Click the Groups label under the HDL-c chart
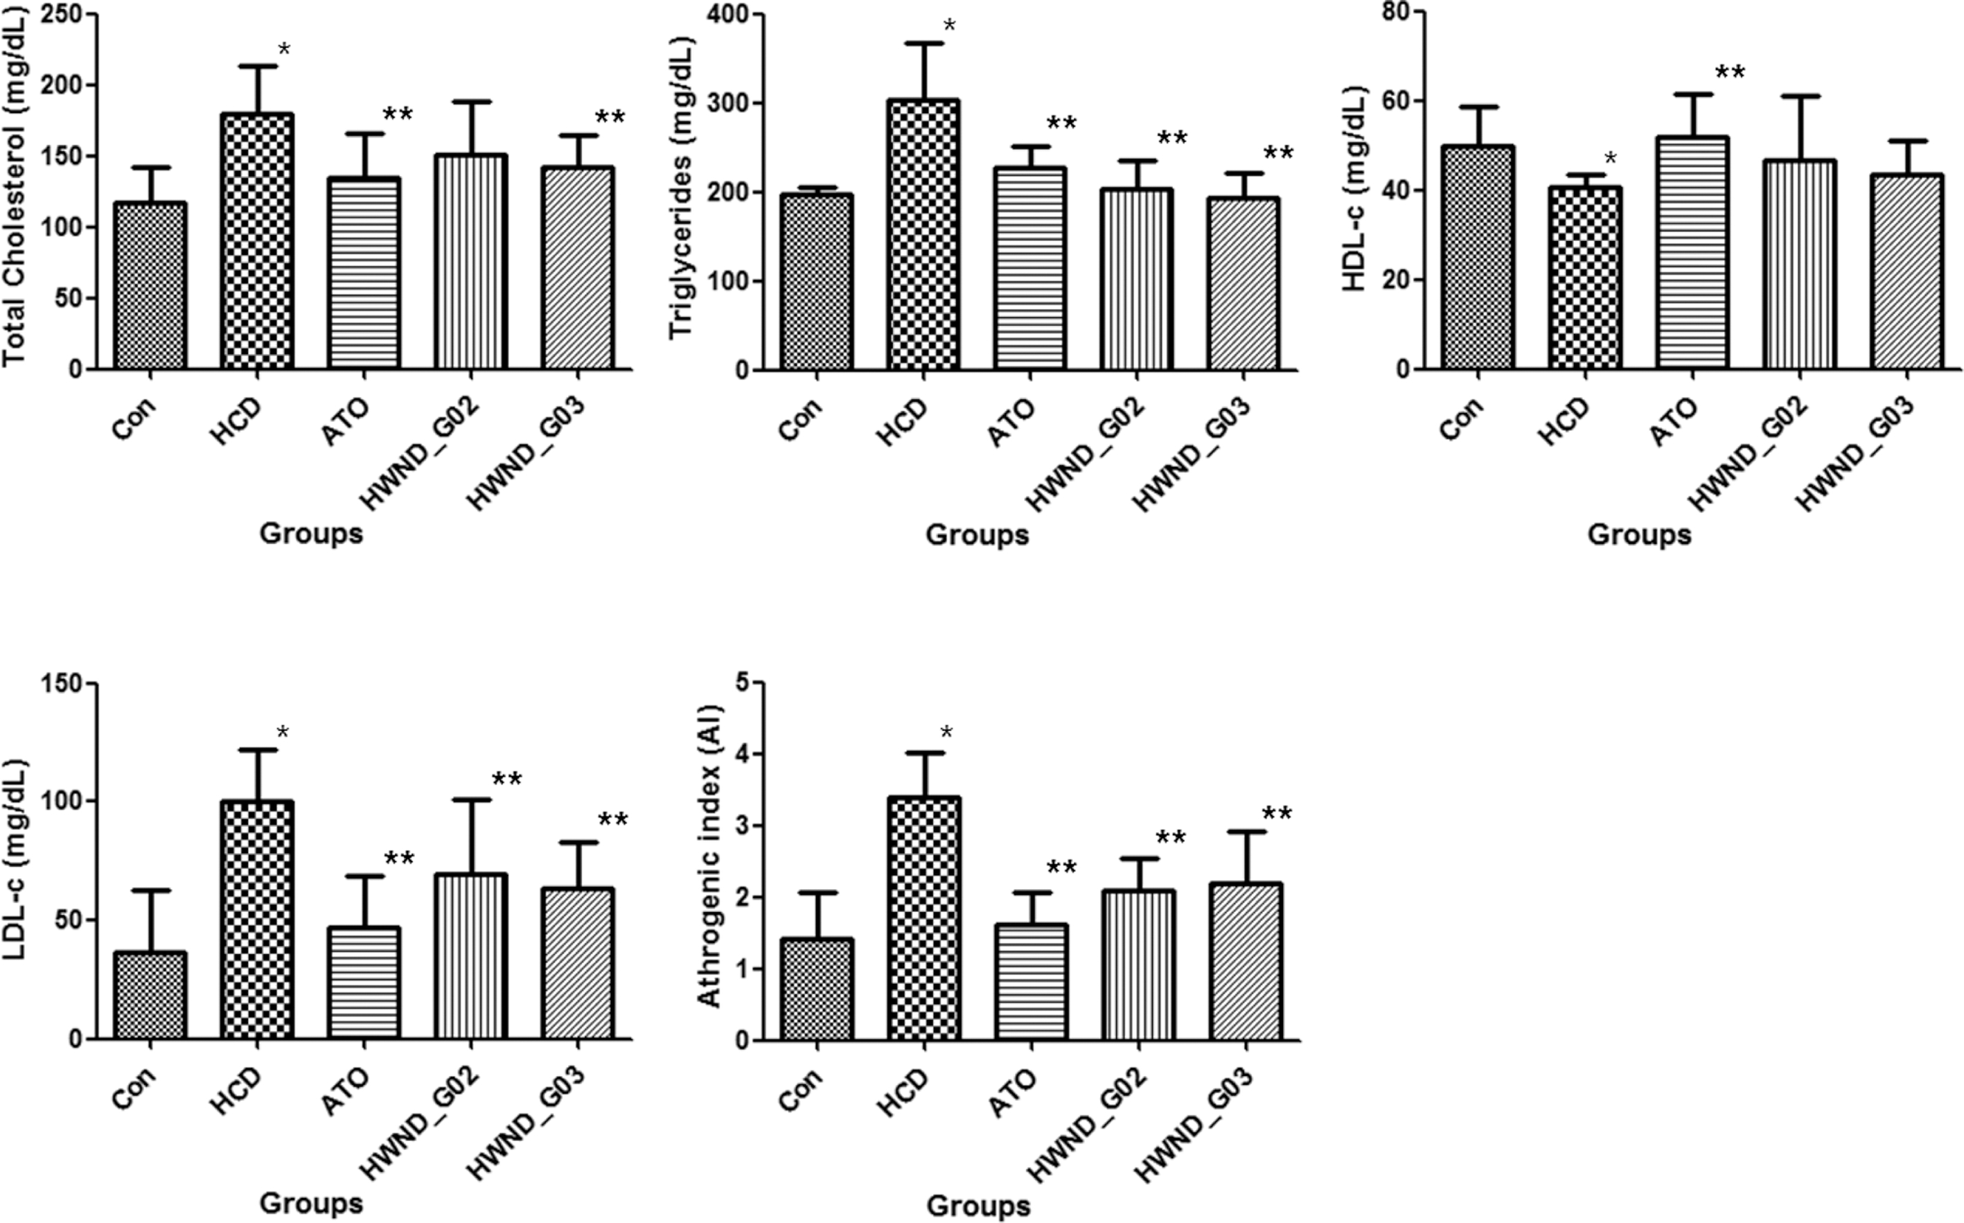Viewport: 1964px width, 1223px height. pyautogui.click(x=1639, y=535)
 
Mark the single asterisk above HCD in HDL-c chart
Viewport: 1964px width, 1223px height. pyautogui.click(x=1611, y=159)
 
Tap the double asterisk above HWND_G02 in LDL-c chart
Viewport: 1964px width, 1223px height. pyautogui.click(x=507, y=780)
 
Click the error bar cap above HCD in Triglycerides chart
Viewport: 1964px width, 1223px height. pyautogui.click(x=923, y=43)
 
